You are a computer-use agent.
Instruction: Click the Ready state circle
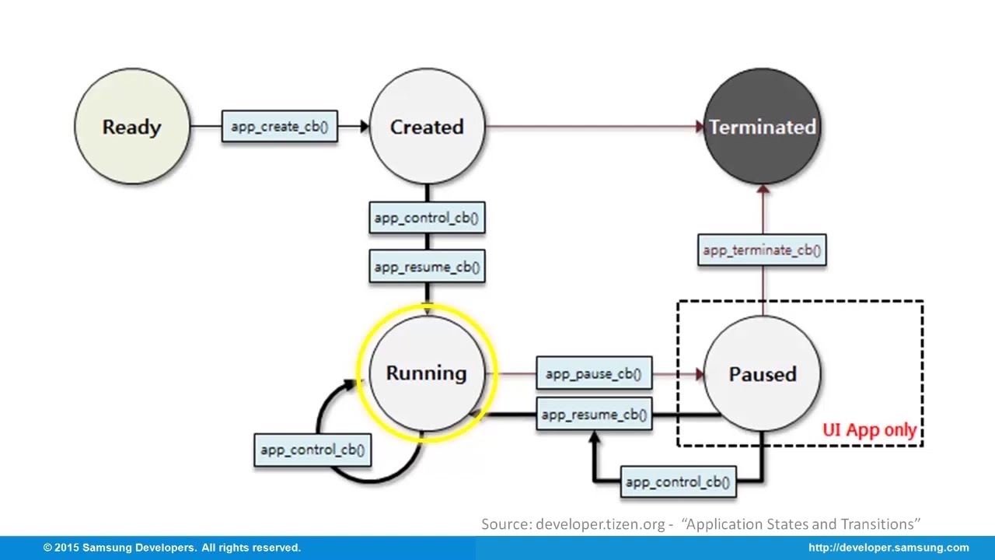[131, 127]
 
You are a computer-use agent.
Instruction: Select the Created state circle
[427, 127]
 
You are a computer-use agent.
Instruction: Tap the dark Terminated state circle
[762, 127]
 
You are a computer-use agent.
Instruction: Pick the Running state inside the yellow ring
[426, 373]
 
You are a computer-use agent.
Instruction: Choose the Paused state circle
[762, 374]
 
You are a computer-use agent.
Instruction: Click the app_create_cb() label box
[279, 126]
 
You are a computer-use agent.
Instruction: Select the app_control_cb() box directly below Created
[427, 218]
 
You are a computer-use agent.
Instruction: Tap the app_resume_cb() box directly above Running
[427, 267]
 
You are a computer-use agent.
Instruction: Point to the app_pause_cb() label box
[594, 374]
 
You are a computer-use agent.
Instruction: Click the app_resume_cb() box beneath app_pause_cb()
[594, 415]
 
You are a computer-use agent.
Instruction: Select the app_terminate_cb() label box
[762, 250]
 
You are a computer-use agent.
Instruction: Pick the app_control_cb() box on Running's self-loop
[312, 450]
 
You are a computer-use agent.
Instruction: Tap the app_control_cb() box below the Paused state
[678, 482]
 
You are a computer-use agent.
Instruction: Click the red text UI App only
[869, 430]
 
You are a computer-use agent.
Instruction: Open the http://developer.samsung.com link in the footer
[889, 548]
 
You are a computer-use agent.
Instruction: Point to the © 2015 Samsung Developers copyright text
[172, 548]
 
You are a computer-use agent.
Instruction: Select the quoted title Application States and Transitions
[801, 524]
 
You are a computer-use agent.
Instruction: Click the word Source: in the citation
[506, 524]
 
